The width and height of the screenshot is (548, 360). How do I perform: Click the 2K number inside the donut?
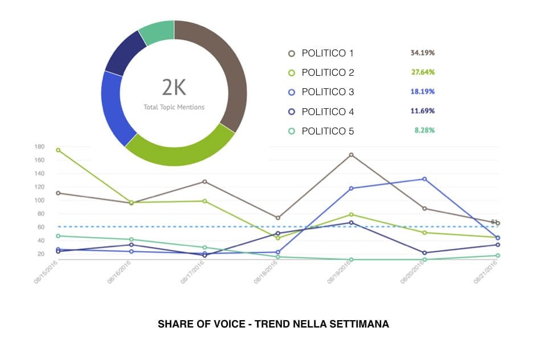(x=174, y=88)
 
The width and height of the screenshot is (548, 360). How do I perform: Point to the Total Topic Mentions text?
(x=174, y=107)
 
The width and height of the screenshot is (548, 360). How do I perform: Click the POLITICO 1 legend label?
(x=328, y=54)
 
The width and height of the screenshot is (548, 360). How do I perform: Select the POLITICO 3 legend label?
(x=328, y=92)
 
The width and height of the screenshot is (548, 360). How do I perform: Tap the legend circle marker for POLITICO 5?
(x=292, y=131)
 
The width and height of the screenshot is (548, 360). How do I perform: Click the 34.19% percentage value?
(x=422, y=53)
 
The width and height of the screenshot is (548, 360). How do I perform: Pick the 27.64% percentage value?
(x=422, y=72)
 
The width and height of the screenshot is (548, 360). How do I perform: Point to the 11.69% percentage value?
(x=422, y=111)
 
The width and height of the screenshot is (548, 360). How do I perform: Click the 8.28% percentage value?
(x=425, y=130)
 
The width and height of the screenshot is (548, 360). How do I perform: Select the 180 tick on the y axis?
(x=39, y=147)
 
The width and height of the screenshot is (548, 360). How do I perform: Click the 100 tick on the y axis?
(x=39, y=201)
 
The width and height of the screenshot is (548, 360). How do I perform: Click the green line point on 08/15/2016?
(x=58, y=150)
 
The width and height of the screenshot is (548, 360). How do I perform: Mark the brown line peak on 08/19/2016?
(x=351, y=155)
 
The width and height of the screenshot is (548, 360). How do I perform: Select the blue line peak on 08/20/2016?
(x=424, y=179)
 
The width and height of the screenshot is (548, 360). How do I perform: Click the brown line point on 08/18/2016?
(x=278, y=218)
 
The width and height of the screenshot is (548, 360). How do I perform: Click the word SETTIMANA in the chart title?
(x=362, y=324)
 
